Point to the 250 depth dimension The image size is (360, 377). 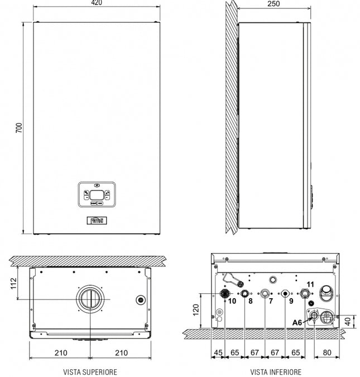273,4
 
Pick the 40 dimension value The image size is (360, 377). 348,321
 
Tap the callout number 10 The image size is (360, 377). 232,301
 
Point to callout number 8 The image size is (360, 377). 250,301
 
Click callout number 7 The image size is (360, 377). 270,301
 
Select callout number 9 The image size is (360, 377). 290,301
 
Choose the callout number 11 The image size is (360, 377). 310,284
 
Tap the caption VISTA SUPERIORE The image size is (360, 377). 90,371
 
